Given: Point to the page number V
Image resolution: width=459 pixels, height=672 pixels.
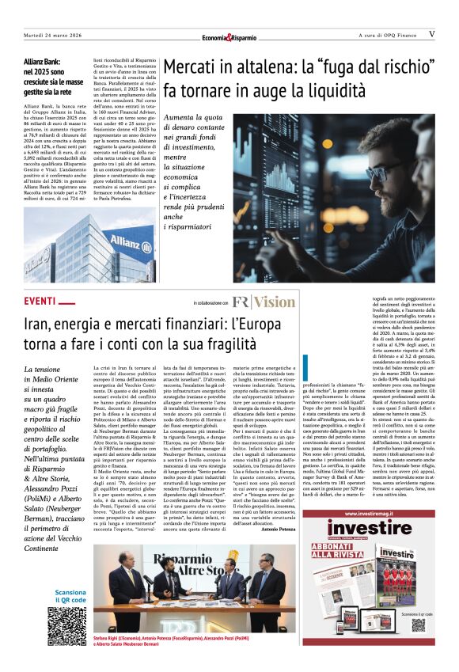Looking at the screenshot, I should (x=431, y=35).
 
